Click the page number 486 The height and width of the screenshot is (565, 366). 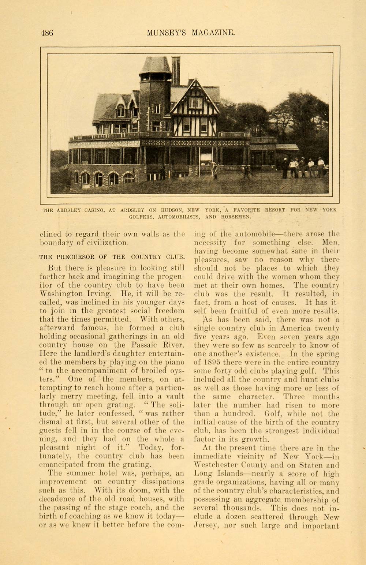click(x=46, y=33)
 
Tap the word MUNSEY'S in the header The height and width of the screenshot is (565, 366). click(x=167, y=33)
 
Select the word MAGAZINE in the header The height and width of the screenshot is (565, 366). click(x=213, y=33)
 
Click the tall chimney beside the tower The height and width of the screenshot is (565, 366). click(x=176, y=71)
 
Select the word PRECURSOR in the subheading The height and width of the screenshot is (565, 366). click(x=84, y=257)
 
